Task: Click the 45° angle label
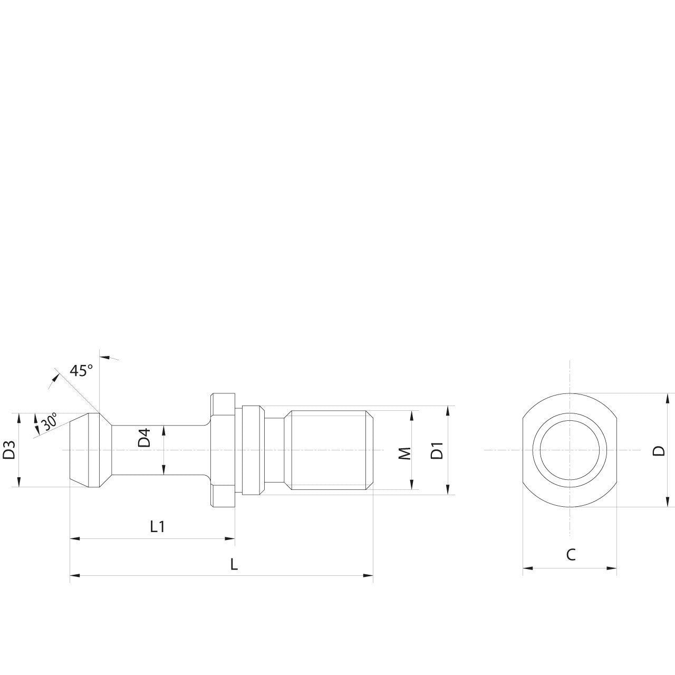click(x=81, y=371)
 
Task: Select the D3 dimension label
click(x=9, y=450)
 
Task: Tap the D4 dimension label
click(x=144, y=438)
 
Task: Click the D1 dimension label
click(x=437, y=451)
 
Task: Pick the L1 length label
click(x=157, y=526)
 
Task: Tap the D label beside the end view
click(x=659, y=450)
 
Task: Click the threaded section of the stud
click(x=330, y=450)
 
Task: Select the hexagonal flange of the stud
click(x=223, y=450)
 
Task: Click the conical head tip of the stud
click(x=79, y=450)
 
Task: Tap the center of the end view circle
click(x=570, y=450)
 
